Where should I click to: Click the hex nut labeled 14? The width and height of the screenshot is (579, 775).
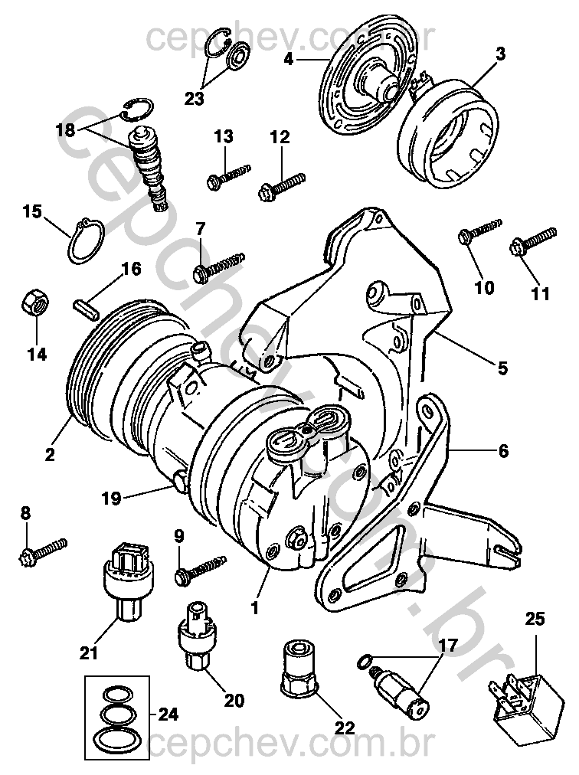tap(33, 302)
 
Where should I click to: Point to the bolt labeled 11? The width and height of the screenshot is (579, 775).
tap(534, 240)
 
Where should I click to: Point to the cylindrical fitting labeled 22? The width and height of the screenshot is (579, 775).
tap(298, 668)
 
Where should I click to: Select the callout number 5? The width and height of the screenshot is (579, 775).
tap(502, 367)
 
